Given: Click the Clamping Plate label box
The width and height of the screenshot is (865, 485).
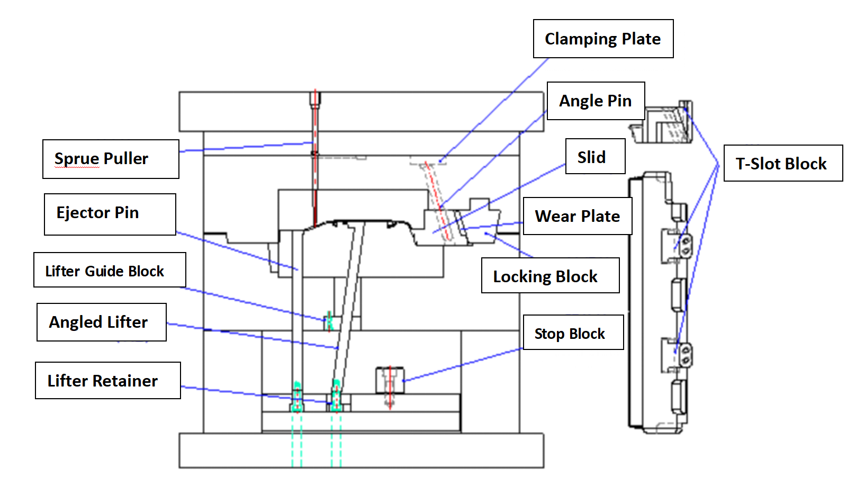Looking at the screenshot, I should [603, 39].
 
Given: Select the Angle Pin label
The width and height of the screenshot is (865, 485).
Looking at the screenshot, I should [596, 101].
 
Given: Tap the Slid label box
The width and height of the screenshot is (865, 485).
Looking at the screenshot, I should [595, 157].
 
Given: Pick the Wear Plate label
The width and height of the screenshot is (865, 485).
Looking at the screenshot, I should [578, 216].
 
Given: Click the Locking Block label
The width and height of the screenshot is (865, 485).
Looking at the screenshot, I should [550, 276].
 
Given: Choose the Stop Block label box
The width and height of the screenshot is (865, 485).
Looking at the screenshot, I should [573, 333].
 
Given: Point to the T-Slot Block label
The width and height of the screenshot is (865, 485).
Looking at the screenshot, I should [782, 164].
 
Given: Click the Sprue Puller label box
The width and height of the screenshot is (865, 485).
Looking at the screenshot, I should [111, 159].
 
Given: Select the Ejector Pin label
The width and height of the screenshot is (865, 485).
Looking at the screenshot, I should [110, 214].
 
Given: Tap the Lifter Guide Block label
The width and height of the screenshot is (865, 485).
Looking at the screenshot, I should [110, 270].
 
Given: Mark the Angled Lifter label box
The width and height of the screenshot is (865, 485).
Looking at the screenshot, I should [101, 322].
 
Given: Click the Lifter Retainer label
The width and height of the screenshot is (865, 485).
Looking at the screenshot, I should [107, 381].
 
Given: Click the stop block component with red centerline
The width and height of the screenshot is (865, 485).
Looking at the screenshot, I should [390, 381].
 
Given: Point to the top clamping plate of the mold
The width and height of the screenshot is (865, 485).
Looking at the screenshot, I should [361, 112].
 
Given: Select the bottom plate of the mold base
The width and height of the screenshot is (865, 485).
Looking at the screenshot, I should [361, 451].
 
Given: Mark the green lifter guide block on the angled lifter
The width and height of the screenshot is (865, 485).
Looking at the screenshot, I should [329, 321].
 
